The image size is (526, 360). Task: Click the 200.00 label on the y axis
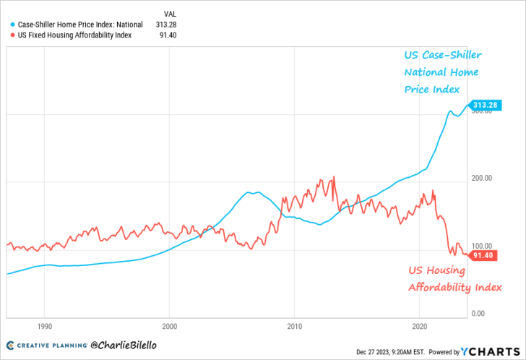click(x=482, y=178)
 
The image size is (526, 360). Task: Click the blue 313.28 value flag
click(x=485, y=106)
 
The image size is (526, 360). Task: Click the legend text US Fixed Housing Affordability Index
click(x=74, y=35)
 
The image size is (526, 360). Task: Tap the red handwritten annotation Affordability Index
click(x=455, y=287)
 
